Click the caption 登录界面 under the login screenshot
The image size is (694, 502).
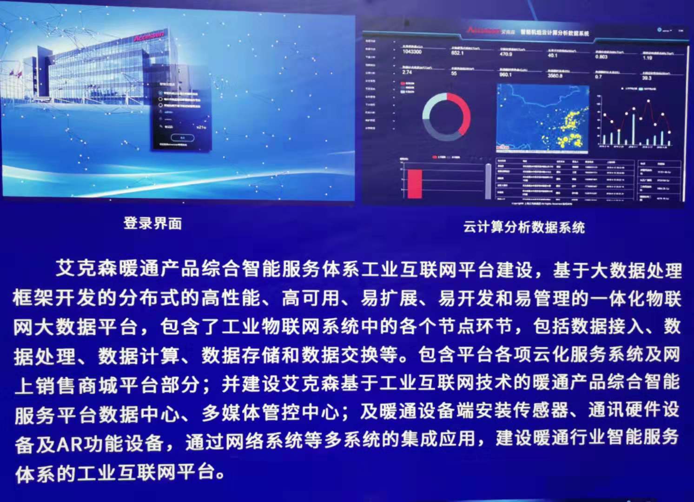click(152, 224)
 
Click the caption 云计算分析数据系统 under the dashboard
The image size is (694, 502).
click(524, 227)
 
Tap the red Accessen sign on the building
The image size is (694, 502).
click(149, 36)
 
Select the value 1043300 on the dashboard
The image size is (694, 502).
click(412, 52)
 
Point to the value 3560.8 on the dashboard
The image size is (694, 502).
click(555, 75)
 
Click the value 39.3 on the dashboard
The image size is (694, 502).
click(647, 78)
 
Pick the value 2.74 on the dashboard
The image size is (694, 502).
click(407, 72)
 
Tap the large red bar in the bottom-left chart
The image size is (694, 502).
click(414, 184)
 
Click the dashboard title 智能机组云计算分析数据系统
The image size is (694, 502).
click(554, 33)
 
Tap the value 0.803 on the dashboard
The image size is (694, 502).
click(601, 57)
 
